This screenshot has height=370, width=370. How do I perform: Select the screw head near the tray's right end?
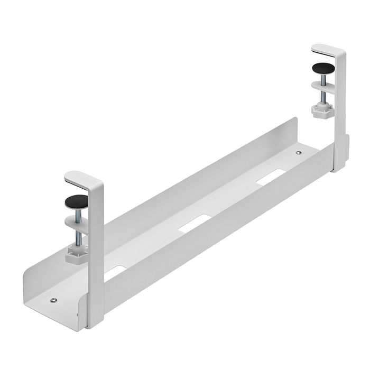[x=299, y=153]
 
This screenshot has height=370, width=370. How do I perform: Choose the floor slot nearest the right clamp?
[x=270, y=178]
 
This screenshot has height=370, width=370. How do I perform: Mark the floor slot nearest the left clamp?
[x=115, y=271]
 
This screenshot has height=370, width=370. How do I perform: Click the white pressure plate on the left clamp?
[x=77, y=220]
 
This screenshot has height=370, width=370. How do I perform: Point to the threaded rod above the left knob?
[x=78, y=232]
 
